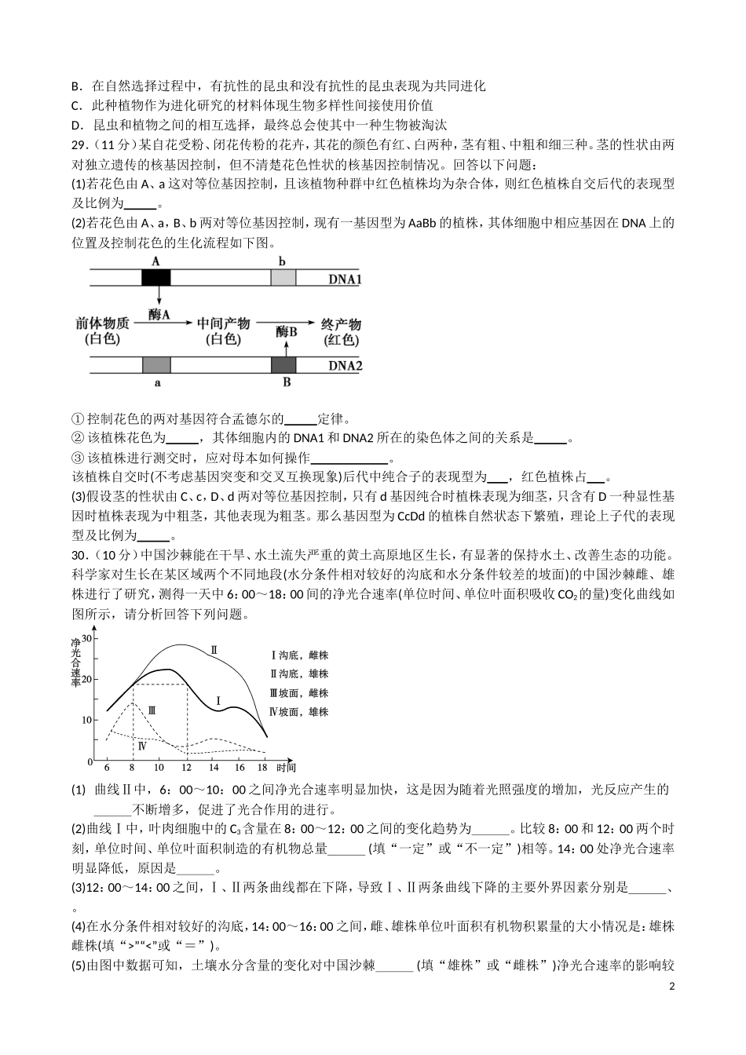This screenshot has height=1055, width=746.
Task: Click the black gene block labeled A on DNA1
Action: pyautogui.click(x=155, y=277)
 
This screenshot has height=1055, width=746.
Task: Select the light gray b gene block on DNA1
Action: pyautogui.click(x=283, y=277)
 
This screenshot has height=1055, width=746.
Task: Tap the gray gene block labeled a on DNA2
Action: pyautogui.click(x=156, y=364)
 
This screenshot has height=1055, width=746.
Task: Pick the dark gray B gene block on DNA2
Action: pyautogui.click(x=283, y=364)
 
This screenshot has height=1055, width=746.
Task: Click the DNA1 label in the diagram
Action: pyautogui.click(x=345, y=278)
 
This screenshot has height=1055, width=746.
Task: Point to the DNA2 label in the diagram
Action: pyautogui.click(x=345, y=365)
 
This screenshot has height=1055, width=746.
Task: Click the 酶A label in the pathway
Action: pyautogui.click(x=159, y=315)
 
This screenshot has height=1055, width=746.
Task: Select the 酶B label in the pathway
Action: pyautogui.click(x=287, y=332)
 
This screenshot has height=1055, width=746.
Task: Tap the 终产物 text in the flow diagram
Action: pyautogui.click(x=341, y=324)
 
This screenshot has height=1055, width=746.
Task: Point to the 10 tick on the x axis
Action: pyautogui.click(x=159, y=767)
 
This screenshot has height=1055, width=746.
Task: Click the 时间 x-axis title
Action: pyautogui.click(x=286, y=767)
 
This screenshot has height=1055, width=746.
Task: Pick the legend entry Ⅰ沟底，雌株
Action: pyautogui.click(x=298, y=655)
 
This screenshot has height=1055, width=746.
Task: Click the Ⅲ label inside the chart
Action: pyautogui.click(x=152, y=710)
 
